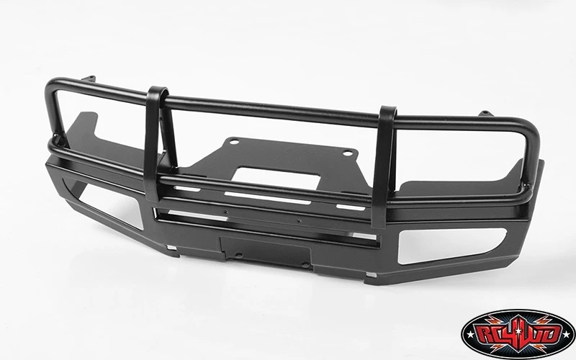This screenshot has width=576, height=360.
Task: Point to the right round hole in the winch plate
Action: (348, 153)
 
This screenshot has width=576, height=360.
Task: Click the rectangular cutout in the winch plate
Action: (276, 178)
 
